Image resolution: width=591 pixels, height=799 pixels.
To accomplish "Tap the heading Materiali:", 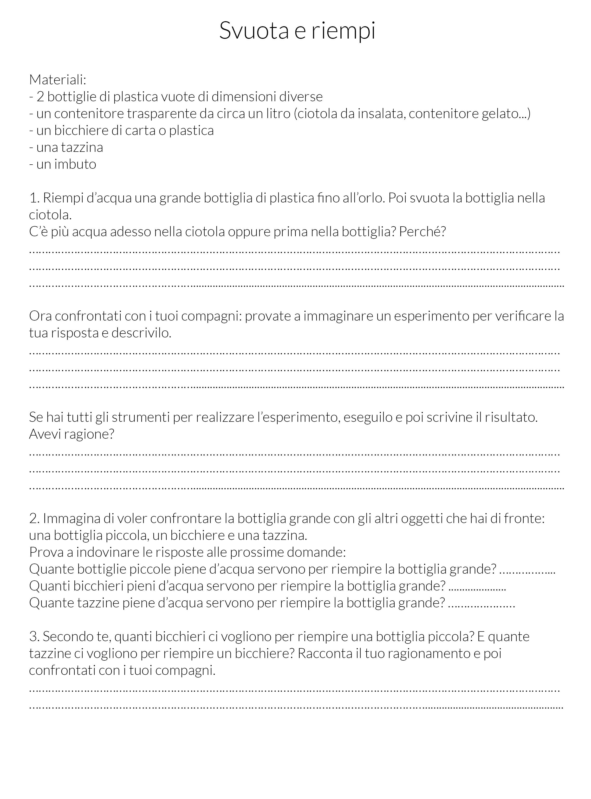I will [58, 80].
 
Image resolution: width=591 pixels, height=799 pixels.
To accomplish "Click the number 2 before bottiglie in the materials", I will [40, 97].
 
